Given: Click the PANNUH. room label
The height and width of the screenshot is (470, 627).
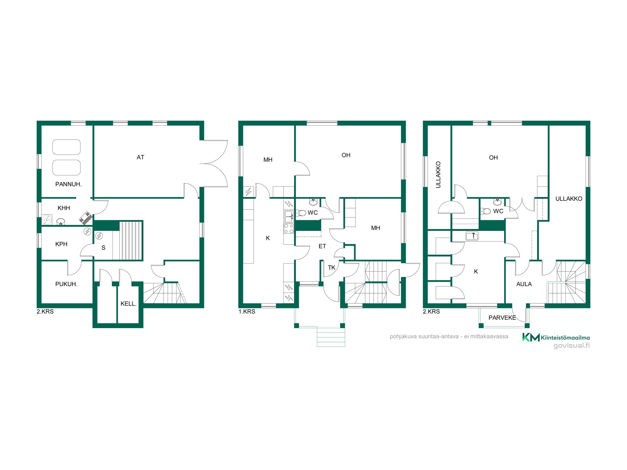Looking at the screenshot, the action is [x=68, y=184].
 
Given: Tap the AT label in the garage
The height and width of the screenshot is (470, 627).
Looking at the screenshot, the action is [x=140, y=157].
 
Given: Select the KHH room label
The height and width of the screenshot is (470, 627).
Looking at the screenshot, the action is [x=64, y=208].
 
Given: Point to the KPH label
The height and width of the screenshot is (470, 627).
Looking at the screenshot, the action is [x=61, y=244].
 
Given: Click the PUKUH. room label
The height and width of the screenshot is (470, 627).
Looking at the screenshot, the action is [x=66, y=284].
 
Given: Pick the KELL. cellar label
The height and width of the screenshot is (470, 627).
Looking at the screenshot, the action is [x=128, y=304].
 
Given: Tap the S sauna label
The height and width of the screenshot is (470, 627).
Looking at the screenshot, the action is [x=103, y=248].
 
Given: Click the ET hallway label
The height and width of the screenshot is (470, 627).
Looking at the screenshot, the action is [x=322, y=246].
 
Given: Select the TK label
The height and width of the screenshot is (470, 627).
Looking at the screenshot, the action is [x=331, y=268].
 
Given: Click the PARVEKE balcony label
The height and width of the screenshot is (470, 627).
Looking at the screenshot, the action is [x=502, y=318].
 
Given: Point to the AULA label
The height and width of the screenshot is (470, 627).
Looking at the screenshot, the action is [x=524, y=284].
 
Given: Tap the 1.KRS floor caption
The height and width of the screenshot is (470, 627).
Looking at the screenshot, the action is [x=247, y=311].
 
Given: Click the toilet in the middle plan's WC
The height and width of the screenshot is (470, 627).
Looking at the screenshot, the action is [x=301, y=213].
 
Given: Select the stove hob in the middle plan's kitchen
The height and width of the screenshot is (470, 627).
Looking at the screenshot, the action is [x=289, y=228].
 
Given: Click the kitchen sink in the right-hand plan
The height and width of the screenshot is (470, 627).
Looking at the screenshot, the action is [x=472, y=236].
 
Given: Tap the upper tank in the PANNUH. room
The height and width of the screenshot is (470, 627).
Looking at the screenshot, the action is [x=66, y=147].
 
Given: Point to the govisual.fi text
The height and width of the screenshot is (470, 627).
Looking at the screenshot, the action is [x=572, y=346].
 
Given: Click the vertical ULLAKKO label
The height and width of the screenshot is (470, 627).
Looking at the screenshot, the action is [x=438, y=175].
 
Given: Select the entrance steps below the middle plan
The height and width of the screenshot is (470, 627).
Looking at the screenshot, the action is [x=331, y=337].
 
